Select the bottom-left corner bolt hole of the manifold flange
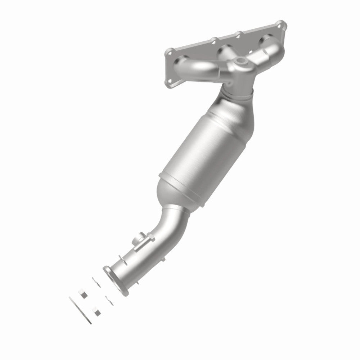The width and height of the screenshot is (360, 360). [x=168, y=85]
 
